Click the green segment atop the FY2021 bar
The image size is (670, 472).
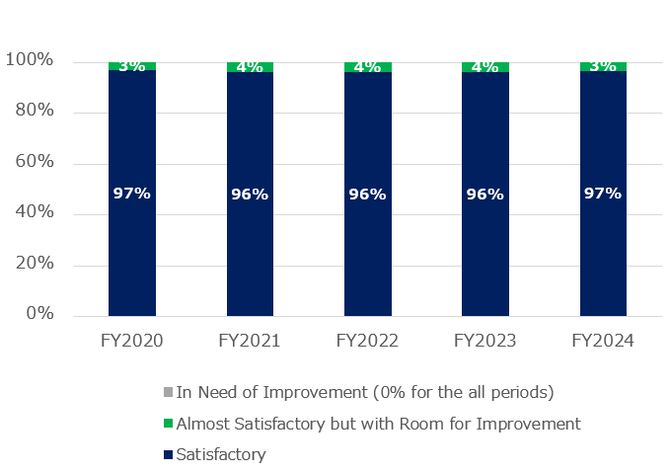coord(250,67)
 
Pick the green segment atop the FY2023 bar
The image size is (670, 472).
coord(485,67)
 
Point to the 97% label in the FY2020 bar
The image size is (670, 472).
coord(131,194)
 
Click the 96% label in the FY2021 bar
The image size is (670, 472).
coord(250,195)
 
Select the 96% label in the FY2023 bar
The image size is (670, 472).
coord(485,195)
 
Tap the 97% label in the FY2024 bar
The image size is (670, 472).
coord(603,194)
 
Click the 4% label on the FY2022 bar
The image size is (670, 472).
coord(367,67)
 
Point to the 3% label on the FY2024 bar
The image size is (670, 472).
coord(603,66)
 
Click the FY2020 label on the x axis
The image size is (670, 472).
coord(131,341)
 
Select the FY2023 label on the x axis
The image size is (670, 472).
coord(485,341)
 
